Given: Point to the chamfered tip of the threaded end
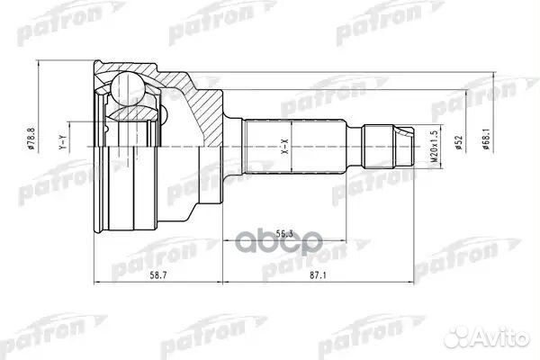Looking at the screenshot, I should [x=412, y=144].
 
